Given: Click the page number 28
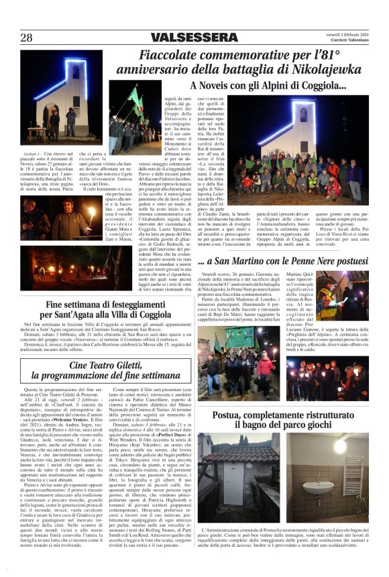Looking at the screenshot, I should point(26,38).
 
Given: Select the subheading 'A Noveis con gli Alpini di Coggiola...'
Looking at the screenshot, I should point(268,86).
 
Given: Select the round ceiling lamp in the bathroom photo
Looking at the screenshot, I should point(341,446).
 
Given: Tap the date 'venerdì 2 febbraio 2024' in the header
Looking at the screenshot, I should point(346,34).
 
